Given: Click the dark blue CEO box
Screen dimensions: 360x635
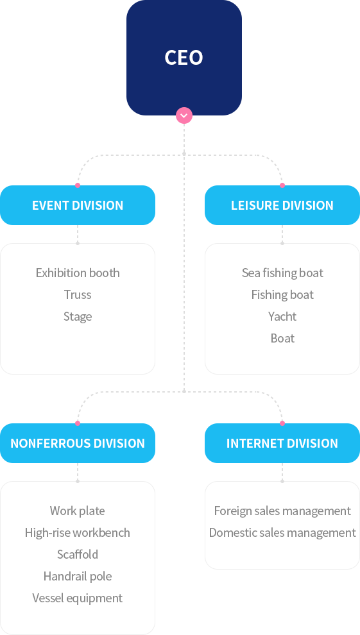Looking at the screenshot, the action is [184, 58].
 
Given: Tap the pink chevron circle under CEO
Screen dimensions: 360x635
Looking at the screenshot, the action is [184, 115].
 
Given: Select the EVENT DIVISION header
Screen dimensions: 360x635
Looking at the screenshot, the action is [78, 205].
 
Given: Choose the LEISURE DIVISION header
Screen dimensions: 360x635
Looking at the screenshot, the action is [282, 205].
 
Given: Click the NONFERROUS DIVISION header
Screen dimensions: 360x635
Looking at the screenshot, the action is [78, 443].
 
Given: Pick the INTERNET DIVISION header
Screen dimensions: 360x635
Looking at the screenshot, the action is [282, 443].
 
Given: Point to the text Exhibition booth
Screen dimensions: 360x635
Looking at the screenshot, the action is [78, 273].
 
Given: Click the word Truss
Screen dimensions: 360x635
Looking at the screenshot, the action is [78, 294].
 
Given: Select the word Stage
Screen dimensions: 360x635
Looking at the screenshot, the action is [78, 316].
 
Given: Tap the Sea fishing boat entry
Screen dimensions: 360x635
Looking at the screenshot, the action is [282, 273].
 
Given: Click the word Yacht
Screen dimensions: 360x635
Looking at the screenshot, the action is [282, 316].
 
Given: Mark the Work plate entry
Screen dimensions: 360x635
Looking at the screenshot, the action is [78, 511].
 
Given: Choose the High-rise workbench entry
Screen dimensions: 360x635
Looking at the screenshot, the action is [78, 532].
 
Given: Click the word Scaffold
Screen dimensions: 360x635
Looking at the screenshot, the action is [78, 554].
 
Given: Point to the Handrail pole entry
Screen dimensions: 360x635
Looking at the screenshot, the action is [78, 576].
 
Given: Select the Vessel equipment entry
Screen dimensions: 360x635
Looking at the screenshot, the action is [78, 598].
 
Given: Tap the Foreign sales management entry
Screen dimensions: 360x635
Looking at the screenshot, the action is [282, 511].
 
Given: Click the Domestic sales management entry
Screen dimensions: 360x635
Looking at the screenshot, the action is [282, 532].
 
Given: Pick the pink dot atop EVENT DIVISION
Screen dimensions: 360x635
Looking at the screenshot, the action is [78, 185].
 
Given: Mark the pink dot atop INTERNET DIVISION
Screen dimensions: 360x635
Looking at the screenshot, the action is [282, 423].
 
